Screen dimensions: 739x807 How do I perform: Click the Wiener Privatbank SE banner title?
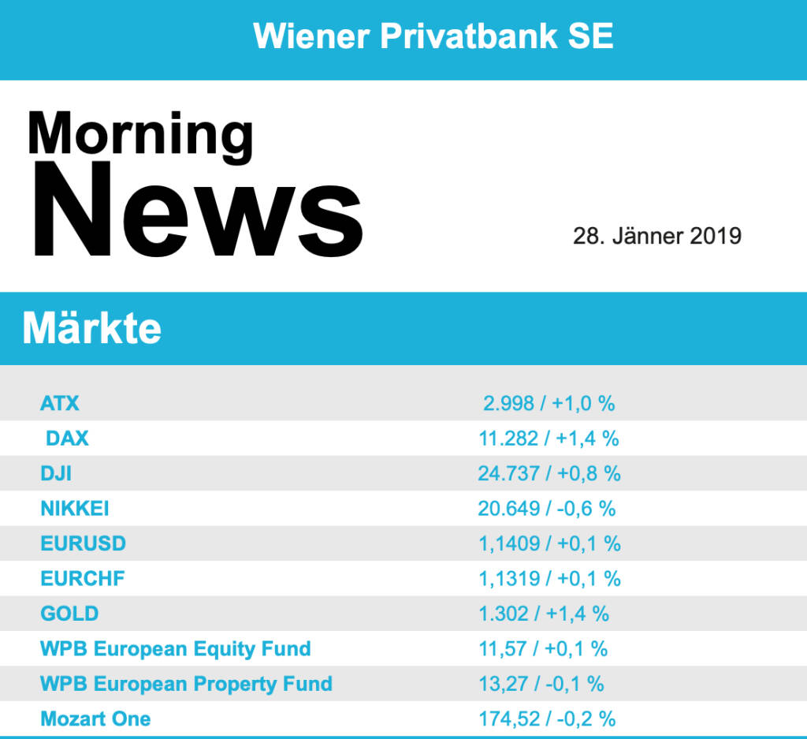433,36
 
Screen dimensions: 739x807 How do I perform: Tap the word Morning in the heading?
140,134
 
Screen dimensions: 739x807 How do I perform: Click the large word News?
197,211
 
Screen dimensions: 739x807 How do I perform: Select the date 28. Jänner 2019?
656,236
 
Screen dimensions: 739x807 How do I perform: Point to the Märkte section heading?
92,327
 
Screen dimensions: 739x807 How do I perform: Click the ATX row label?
60,404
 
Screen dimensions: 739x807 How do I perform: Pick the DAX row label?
67,439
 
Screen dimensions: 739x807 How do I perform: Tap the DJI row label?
56,473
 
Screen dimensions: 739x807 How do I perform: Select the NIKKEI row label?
75,509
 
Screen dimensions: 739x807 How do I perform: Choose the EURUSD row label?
83,543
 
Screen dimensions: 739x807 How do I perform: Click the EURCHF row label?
83,578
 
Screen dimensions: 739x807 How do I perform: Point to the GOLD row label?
69,613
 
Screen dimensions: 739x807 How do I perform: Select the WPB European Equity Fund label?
175,648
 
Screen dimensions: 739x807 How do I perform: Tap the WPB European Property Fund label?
186,683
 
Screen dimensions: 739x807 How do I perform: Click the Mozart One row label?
95,718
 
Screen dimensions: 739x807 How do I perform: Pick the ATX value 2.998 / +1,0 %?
549,404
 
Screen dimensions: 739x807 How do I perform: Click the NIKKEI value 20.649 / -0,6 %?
546,509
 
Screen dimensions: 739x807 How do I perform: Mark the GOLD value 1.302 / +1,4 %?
544,613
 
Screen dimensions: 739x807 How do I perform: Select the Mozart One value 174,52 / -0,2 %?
547,718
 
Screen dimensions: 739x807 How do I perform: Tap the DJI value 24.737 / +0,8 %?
549,473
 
